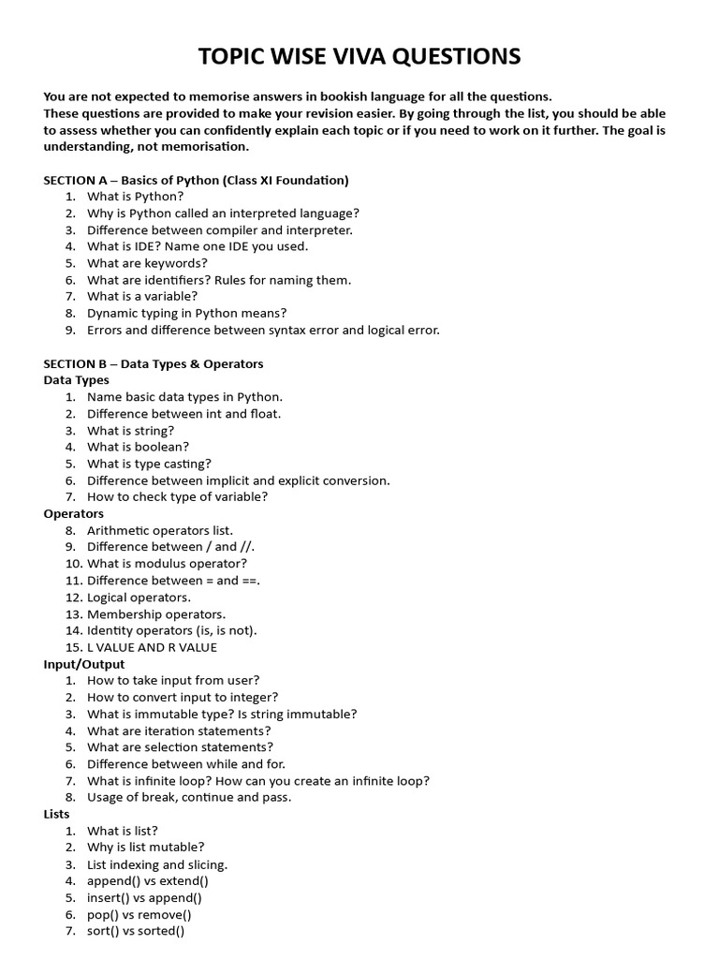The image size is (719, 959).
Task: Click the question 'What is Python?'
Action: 135,197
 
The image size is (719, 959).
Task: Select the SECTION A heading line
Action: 196,180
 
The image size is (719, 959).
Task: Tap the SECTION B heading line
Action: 154,363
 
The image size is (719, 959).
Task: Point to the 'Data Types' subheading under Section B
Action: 77,380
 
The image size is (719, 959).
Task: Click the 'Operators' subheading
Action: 74,513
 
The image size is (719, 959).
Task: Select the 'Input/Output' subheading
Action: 84,664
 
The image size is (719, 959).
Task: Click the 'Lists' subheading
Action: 57,814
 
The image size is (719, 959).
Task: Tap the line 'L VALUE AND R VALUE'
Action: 152,647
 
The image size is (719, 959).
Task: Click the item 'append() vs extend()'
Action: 147,880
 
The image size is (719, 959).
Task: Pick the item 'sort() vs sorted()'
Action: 136,931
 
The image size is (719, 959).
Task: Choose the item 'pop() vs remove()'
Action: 139,914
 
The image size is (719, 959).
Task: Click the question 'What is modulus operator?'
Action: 167,564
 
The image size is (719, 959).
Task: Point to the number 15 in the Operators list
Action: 73,647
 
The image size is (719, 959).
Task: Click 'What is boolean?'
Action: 138,447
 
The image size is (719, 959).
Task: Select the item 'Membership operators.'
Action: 156,614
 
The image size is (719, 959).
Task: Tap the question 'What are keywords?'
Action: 147,263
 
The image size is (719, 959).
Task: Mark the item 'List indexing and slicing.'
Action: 157,864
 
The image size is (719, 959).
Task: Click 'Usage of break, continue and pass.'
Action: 189,797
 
